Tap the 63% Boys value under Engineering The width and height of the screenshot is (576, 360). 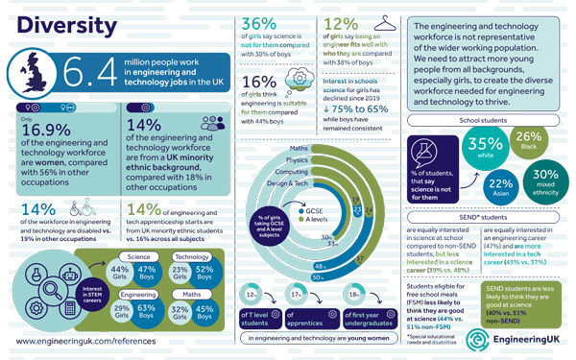[x=147, y=308]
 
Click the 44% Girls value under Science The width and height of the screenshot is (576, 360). [x=120, y=273]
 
